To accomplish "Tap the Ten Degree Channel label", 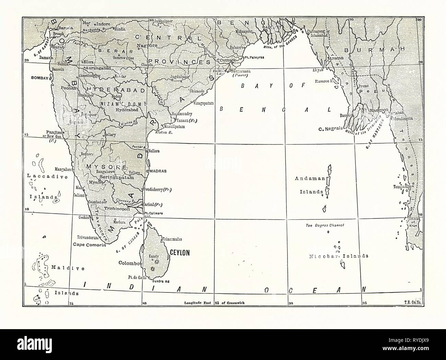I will coord(325,225).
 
